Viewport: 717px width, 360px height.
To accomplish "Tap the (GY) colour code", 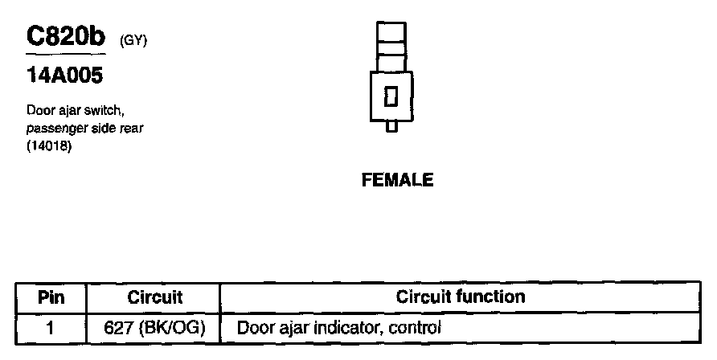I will (x=133, y=40).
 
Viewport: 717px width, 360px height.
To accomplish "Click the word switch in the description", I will (x=103, y=112).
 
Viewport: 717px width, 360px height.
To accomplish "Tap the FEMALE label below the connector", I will (x=398, y=180).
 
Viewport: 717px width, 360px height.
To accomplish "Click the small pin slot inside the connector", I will (x=391, y=96).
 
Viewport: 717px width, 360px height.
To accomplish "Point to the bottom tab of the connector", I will (x=391, y=126).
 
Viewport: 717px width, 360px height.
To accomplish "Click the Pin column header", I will (x=51, y=297).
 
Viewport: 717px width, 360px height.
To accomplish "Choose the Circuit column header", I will (x=155, y=297).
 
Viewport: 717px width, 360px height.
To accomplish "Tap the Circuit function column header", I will (x=461, y=297).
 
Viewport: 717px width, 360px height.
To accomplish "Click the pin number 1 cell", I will (x=51, y=328).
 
